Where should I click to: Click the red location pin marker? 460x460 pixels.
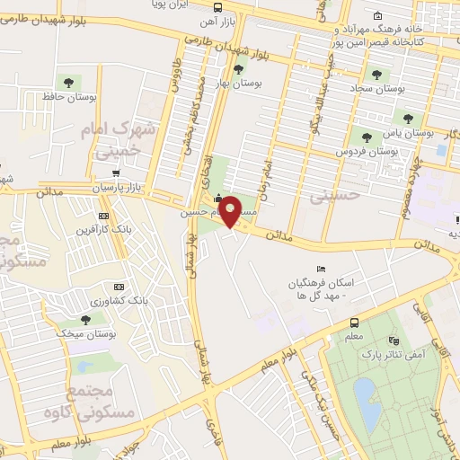[x=230, y=213]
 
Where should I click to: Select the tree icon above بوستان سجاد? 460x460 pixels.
[x=376, y=75]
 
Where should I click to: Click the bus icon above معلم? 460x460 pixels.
[x=353, y=323]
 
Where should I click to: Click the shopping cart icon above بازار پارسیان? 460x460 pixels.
[x=116, y=172]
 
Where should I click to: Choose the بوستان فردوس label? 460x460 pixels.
[x=367, y=152]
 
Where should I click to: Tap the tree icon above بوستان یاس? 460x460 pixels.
[x=407, y=118]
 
